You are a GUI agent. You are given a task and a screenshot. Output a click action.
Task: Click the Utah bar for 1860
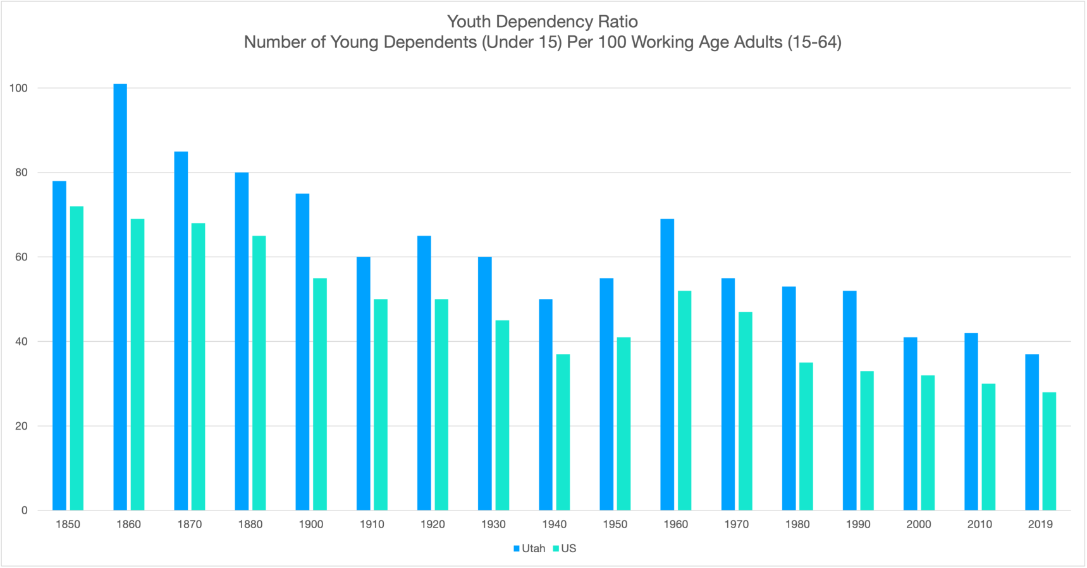(120, 297)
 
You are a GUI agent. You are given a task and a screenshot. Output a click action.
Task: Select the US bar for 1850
(77, 358)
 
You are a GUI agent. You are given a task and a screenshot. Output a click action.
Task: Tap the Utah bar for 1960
(667, 365)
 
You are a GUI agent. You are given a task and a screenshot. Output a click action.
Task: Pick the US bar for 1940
(563, 432)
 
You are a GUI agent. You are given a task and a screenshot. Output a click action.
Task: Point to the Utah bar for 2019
(1032, 432)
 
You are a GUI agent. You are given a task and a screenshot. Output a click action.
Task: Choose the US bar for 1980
(806, 437)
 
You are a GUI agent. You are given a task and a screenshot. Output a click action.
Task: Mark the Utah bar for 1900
(302, 352)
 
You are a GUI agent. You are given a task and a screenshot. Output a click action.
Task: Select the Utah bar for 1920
(424, 373)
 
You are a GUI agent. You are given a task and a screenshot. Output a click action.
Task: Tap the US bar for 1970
(746, 411)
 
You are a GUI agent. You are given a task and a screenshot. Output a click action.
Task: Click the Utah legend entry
(529, 548)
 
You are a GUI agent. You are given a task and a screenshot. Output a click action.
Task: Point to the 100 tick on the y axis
(19, 88)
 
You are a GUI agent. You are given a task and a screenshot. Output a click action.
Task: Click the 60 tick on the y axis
(21, 257)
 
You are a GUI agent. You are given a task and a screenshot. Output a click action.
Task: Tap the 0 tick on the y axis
(25, 511)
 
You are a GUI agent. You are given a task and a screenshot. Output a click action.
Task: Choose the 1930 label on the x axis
(493, 524)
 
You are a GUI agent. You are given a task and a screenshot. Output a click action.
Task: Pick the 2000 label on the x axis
(919, 524)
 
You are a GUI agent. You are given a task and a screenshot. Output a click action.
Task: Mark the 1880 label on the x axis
(250, 524)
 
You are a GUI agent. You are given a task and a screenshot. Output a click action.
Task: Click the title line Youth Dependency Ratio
(543, 21)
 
